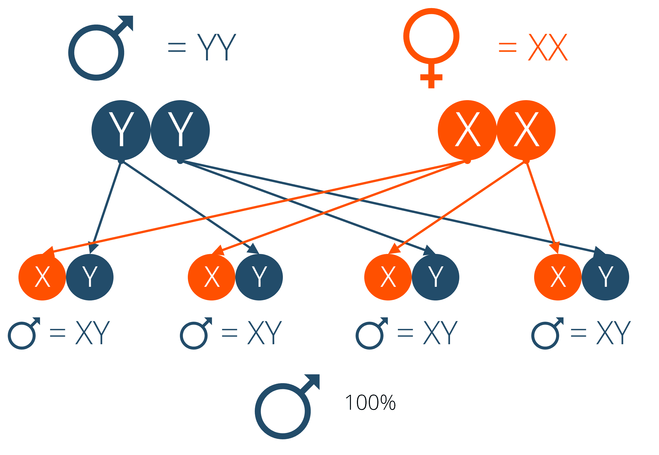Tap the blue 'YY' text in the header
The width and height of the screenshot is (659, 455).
click(x=217, y=47)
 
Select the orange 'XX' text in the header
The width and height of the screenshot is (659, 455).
click(x=548, y=47)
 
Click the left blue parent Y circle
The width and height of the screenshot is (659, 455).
click(x=121, y=130)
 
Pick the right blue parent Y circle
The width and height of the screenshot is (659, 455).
click(x=180, y=130)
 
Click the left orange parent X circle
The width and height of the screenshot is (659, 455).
click(x=467, y=130)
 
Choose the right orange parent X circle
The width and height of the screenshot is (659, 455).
click(x=526, y=130)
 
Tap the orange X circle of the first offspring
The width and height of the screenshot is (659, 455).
click(x=42, y=277)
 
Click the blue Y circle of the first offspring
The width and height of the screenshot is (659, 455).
click(x=90, y=277)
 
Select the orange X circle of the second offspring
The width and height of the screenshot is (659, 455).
click(x=212, y=277)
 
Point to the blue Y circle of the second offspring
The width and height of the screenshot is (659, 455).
click(x=259, y=277)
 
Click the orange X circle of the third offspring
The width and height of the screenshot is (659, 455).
click(x=388, y=277)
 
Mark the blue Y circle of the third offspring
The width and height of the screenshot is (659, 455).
click(x=435, y=277)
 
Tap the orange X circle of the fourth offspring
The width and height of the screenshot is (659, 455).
click(x=558, y=277)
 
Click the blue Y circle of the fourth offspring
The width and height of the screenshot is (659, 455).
click(x=605, y=277)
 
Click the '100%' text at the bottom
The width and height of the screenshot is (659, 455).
click(x=370, y=403)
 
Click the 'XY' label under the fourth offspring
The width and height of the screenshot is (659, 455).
click(x=613, y=332)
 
